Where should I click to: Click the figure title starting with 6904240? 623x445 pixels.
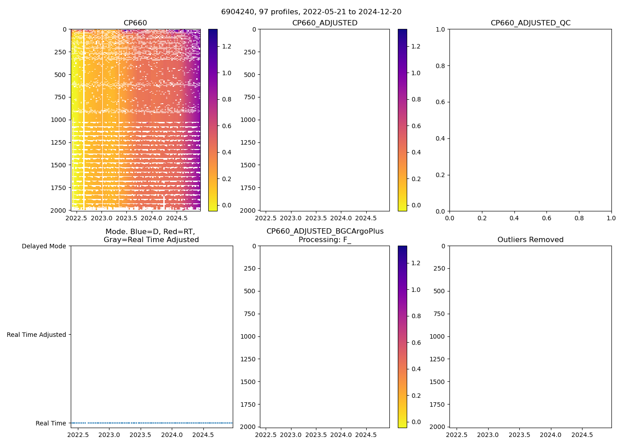(311, 12)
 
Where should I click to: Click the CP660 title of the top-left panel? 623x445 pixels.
(135, 23)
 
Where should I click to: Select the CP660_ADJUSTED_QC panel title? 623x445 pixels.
(530, 23)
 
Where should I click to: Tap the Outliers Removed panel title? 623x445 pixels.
(530, 240)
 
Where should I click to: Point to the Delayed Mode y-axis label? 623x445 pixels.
(44, 246)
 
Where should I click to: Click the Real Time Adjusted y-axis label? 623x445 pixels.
(36, 335)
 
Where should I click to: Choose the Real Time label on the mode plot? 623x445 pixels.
(51, 423)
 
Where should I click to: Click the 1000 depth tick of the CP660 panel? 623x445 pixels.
(58, 120)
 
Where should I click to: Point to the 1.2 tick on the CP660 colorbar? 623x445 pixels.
(227, 46)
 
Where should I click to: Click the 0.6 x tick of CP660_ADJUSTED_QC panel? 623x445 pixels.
(546, 218)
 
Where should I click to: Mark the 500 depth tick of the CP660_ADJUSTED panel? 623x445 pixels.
(250, 75)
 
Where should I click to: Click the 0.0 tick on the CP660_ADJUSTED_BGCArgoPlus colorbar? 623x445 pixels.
(416, 422)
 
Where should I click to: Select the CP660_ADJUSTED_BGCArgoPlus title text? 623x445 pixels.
(325, 231)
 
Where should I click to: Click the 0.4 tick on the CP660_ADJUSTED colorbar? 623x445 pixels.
(416, 152)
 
